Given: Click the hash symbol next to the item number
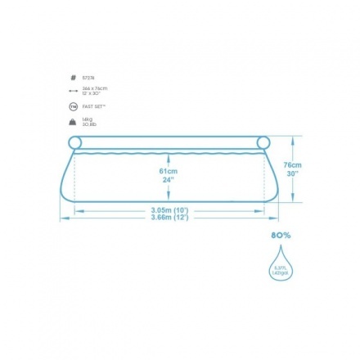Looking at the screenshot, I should (74, 79).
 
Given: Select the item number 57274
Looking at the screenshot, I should (88, 79).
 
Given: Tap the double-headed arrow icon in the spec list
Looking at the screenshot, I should (74, 91).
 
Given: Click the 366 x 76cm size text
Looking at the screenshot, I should (95, 88).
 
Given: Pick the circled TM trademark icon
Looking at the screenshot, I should (74, 106).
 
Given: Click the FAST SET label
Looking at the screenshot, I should (94, 106).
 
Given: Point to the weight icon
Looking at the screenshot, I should (74, 122).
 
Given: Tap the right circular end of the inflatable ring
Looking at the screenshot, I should (263, 143).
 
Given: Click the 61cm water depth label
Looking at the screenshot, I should (169, 171).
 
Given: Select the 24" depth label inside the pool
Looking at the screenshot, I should (169, 179).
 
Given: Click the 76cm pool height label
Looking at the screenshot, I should (292, 164).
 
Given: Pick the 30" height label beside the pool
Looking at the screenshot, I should (292, 173).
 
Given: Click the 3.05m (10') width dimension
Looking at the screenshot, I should (169, 209).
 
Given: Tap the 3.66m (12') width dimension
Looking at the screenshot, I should (169, 217).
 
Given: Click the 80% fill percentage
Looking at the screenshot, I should (281, 235).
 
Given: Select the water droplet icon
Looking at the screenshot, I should (281, 263).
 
